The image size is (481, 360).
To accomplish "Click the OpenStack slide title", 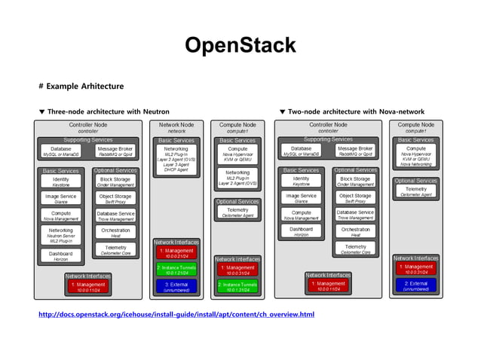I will pyautogui.click(x=240, y=45).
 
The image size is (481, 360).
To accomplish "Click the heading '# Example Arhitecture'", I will pyautogui.click(x=81, y=86).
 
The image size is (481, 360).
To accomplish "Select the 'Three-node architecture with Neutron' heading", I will pyautogui.click(x=103, y=111).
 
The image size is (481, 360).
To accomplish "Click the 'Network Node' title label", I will pyautogui.click(x=176, y=125).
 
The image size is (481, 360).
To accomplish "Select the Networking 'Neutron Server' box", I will pyautogui.click(x=61, y=234).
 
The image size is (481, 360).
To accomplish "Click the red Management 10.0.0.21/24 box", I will pyautogui.click(x=176, y=253).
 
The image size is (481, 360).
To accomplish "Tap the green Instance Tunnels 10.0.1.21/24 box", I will pyautogui.click(x=176, y=270).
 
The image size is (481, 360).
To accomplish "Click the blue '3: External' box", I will pyautogui.click(x=176, y=286).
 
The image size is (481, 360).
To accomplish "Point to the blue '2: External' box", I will pyautogui.click(x=415, y=286).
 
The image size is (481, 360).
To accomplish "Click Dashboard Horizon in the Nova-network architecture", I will pyautogui.click(x=301, y=232).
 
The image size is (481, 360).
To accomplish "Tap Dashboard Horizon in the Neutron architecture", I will pyautogui.click(x=61, y=256).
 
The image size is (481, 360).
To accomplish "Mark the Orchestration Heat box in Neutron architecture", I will pyautogui.click(x=115, y=232).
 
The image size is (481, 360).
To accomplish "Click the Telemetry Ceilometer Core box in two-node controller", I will pyautogui.click(x=354, y=249).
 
